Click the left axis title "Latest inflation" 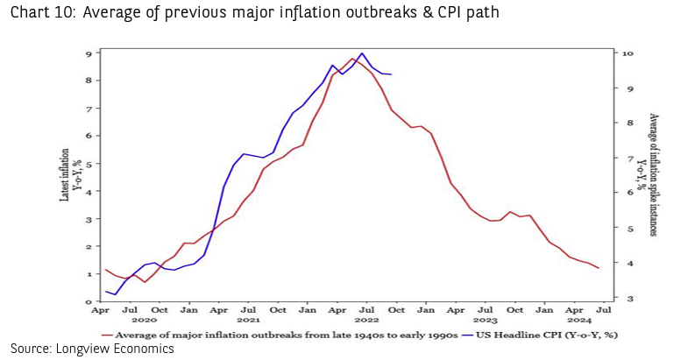[65, 174]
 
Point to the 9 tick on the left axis [89, 53]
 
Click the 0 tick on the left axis [89, 301]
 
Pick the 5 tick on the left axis [89, 164]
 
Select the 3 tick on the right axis [625, 299]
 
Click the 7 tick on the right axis [625, 159]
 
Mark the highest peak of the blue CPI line [362, 53]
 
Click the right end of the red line [600, 268]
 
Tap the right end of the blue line [391, 74]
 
